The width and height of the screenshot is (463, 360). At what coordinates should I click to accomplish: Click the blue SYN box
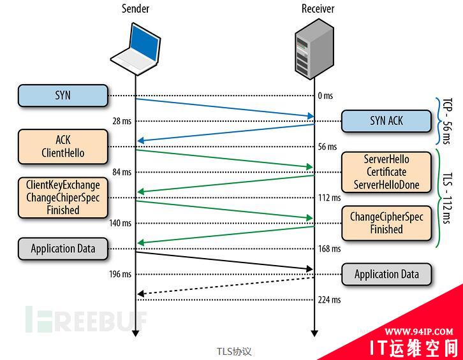[62, 96]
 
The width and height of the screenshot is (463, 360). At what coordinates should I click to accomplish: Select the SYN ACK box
[386, 120]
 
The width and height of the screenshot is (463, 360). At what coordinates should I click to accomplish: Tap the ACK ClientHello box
[62, 146]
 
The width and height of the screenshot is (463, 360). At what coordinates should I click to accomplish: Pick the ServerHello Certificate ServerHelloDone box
[386, 172]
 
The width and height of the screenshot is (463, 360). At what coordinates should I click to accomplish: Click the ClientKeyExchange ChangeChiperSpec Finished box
[62, 198]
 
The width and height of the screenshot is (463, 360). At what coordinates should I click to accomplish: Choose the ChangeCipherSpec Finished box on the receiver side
[386, 223]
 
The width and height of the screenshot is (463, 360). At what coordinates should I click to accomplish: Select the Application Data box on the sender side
[62, 248]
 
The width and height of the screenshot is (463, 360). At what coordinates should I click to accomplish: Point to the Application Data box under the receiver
[386, 275]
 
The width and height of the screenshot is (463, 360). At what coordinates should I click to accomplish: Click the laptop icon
[136, 48]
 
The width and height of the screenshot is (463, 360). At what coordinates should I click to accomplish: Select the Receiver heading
[318, 9]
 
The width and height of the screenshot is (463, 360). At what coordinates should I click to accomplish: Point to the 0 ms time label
[325, 96]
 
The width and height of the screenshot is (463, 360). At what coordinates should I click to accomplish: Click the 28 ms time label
[121, 121]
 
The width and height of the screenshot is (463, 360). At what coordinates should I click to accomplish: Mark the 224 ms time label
[328, 299]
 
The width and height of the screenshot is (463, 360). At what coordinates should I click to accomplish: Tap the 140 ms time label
[120, 223]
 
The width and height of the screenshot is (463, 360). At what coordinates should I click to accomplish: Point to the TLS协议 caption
[234, 351]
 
